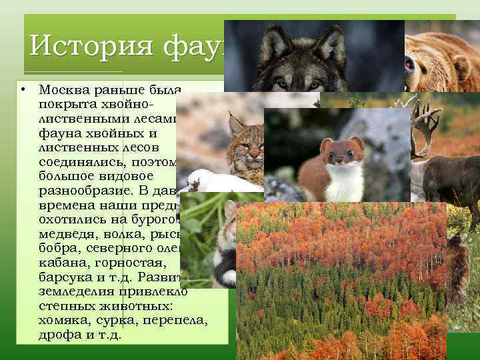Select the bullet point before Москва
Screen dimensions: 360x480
[23, 89]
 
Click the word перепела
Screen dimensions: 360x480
[179, 321]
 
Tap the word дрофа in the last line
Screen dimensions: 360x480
[57, 334]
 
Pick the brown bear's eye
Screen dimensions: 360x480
[409, 65]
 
